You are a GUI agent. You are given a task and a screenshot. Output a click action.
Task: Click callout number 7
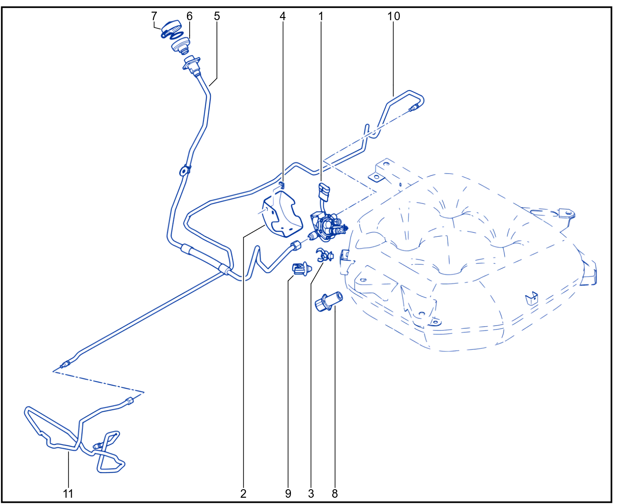154,16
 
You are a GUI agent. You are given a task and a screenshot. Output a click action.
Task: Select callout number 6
190,16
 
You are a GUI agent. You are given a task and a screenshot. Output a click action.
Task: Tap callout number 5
217,16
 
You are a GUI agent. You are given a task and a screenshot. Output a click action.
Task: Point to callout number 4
282,16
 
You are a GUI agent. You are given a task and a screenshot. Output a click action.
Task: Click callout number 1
321,16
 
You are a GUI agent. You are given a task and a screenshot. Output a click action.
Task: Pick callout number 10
394,16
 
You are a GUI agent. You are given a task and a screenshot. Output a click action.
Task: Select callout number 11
68,494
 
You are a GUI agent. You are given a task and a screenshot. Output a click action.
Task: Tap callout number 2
243,494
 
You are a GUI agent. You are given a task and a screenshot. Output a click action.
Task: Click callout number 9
288,494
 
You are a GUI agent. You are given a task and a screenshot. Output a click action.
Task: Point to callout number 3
311,494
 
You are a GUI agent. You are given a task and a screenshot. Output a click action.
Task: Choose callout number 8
334,494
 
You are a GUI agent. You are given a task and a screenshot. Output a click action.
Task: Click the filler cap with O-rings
171,29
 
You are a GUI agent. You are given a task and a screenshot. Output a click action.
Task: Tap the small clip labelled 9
301,269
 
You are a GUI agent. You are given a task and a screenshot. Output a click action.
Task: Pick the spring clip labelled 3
324,255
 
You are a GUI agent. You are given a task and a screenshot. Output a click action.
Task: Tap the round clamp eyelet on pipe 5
184,171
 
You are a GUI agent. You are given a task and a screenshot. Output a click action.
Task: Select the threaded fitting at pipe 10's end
414,108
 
